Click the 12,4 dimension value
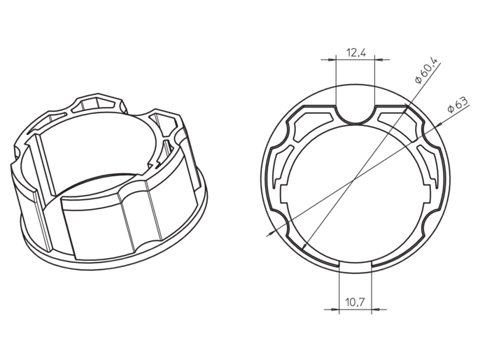pyautogui.click(x=356, y=52)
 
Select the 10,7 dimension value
pyautogui.click(x=355, y=303)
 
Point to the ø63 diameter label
pyautogui.click(x=458, y=105)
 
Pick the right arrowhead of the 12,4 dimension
pyautogui.click(x=379, y=59)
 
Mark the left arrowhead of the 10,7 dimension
pyautogui.click(x=335, y=310)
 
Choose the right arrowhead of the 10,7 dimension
pyautogui.click(x=376, y=310)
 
